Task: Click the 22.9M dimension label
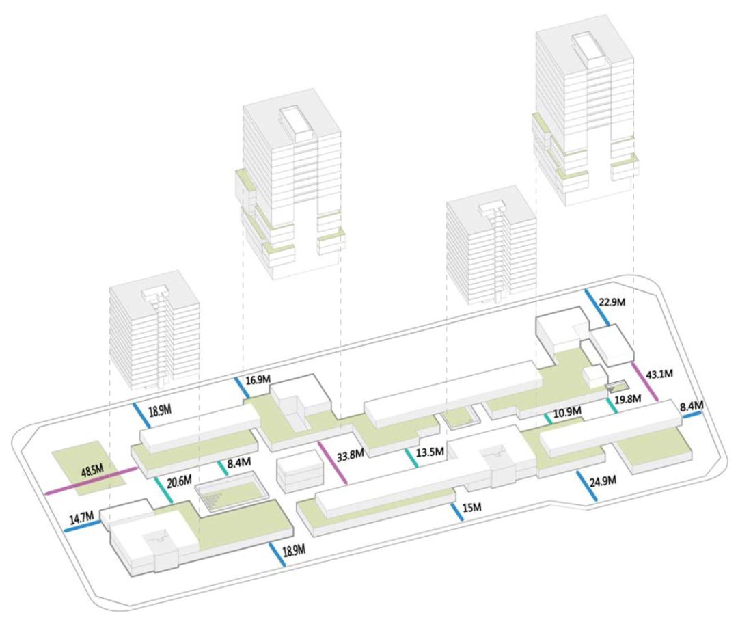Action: click(612, 302)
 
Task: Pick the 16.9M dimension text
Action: click(258, 379)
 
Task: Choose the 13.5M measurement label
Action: click(430, 452)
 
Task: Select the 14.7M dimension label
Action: click(81, 517)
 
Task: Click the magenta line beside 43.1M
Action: click(645, 382)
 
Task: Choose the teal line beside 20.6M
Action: click(163, 489)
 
